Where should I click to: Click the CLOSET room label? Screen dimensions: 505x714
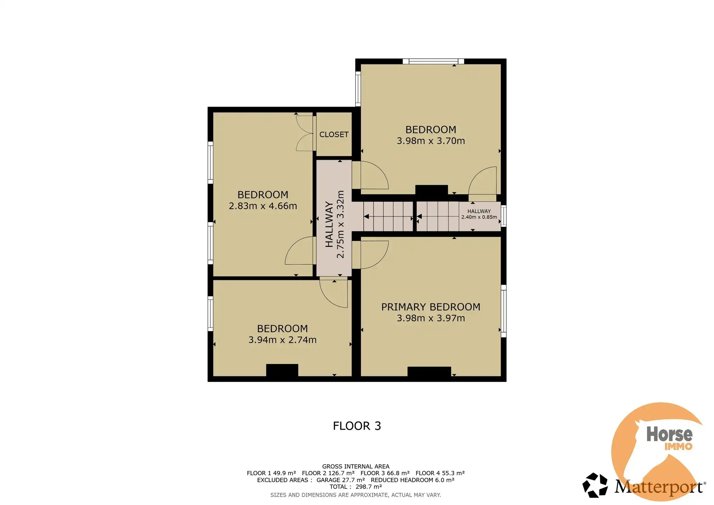[334, 135]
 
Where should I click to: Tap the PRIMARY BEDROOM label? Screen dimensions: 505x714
[430, 307]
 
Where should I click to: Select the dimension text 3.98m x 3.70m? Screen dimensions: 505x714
[430, 141]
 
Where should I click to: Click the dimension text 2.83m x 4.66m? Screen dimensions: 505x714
[263, 206]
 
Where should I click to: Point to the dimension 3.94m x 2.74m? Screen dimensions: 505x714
[282, 340]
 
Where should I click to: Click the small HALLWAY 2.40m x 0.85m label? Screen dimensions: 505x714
[479, 214]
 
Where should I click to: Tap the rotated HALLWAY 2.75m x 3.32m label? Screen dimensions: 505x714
[335, 224]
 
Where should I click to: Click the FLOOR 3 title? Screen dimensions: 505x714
[357, 426]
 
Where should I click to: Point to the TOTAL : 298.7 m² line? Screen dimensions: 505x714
[355, 487]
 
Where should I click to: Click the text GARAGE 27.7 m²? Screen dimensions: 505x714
[340, 480]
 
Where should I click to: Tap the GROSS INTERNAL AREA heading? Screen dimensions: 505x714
[355, 466]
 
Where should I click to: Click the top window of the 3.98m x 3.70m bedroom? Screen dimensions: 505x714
[433, 61]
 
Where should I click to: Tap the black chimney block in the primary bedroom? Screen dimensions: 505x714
[429, 371]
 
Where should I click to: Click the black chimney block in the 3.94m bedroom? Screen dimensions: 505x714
[282, 370]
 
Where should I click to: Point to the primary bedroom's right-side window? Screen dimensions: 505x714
[503, 311]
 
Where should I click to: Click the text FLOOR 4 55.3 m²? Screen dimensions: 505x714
[440, 473]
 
